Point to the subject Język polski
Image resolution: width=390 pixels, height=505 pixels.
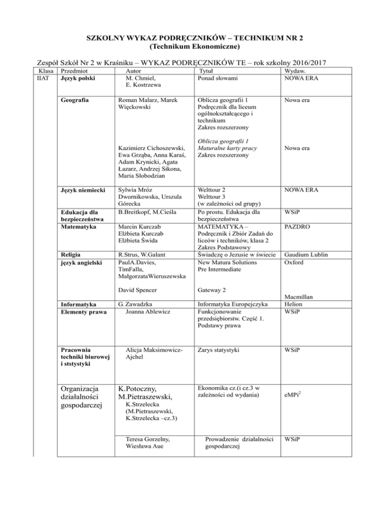(x=77, y=79)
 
